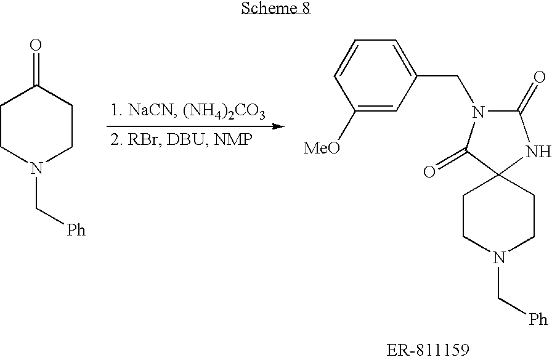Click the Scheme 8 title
click(x=276, y=9)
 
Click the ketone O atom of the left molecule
click(x=36, y=45)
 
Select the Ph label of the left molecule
click(x=76, y=231)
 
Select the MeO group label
click(x=322, y=149)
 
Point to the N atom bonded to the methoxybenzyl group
click(x=474, y=112)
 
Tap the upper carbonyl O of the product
click(x=540, y=78)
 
